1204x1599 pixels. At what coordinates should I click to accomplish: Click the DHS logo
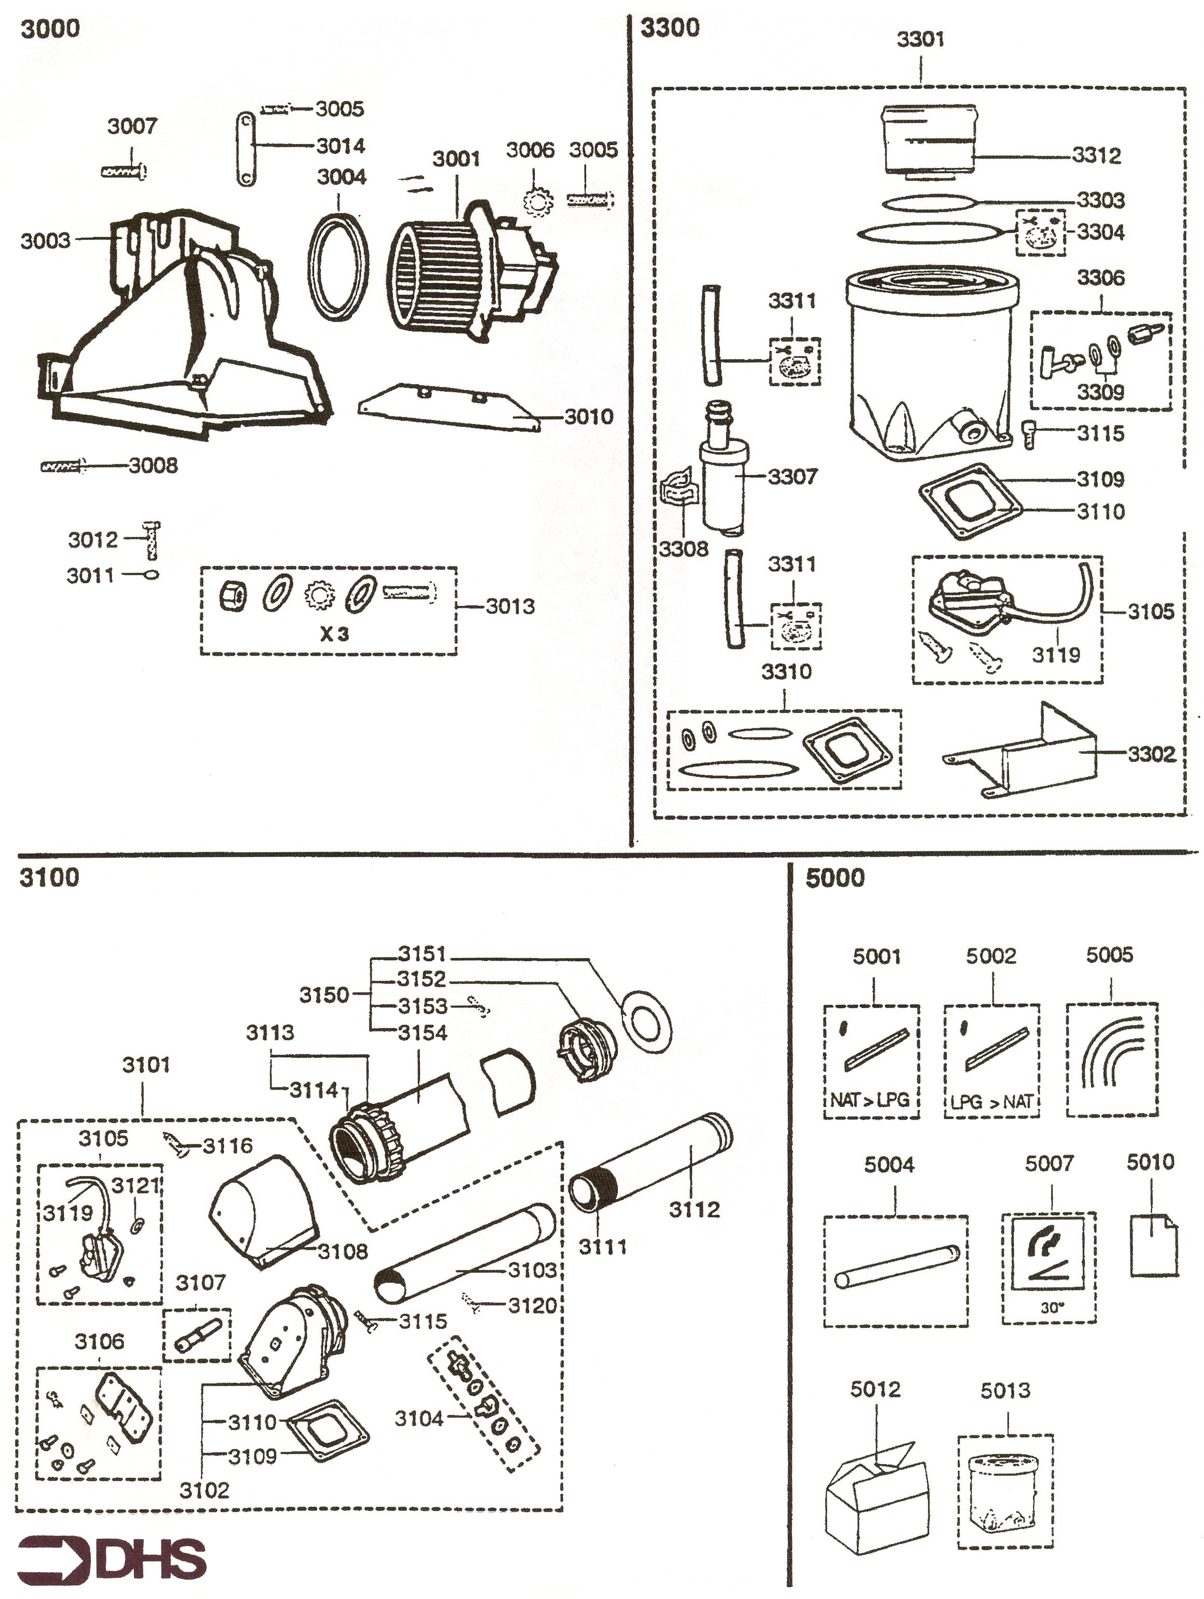[x=111, y=1561]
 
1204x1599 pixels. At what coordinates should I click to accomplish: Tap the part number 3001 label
[x=456, y=159]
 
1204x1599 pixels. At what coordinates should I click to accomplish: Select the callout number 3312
[x=1096, y=155]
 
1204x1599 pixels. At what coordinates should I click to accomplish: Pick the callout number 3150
[x=324, y=995]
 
